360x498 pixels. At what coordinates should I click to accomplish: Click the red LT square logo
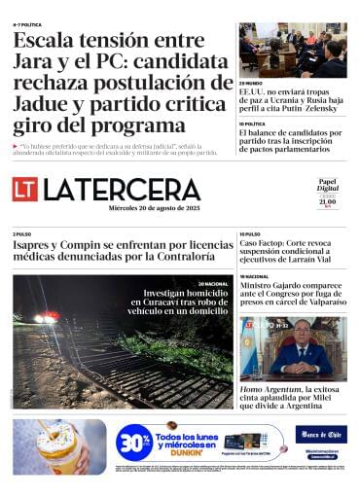[25, 189]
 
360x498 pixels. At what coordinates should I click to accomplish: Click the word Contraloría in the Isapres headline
[185, 257]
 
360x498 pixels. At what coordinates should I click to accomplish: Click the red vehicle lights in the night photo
[46, 317]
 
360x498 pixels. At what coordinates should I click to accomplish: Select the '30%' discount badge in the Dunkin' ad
[133, 443]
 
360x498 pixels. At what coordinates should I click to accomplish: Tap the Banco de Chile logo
[321, 433]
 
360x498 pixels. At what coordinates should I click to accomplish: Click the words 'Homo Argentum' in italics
[276, 389]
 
